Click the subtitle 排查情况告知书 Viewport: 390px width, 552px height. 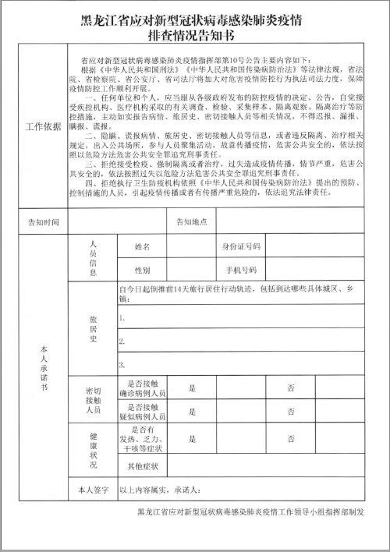click(195, 36)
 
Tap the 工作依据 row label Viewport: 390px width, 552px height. click(43, 126)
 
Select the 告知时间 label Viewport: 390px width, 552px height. click(43, 221)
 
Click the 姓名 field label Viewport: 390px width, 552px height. click(142, 247)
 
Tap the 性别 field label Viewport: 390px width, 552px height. click(142, 271)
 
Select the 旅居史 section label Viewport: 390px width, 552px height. click(93, 329)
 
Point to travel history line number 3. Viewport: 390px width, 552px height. click(122, 364)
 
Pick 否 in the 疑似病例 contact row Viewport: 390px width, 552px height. click(291, 411)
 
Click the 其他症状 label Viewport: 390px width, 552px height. click(142, 466)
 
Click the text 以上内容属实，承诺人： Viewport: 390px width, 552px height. click(160, 490)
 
